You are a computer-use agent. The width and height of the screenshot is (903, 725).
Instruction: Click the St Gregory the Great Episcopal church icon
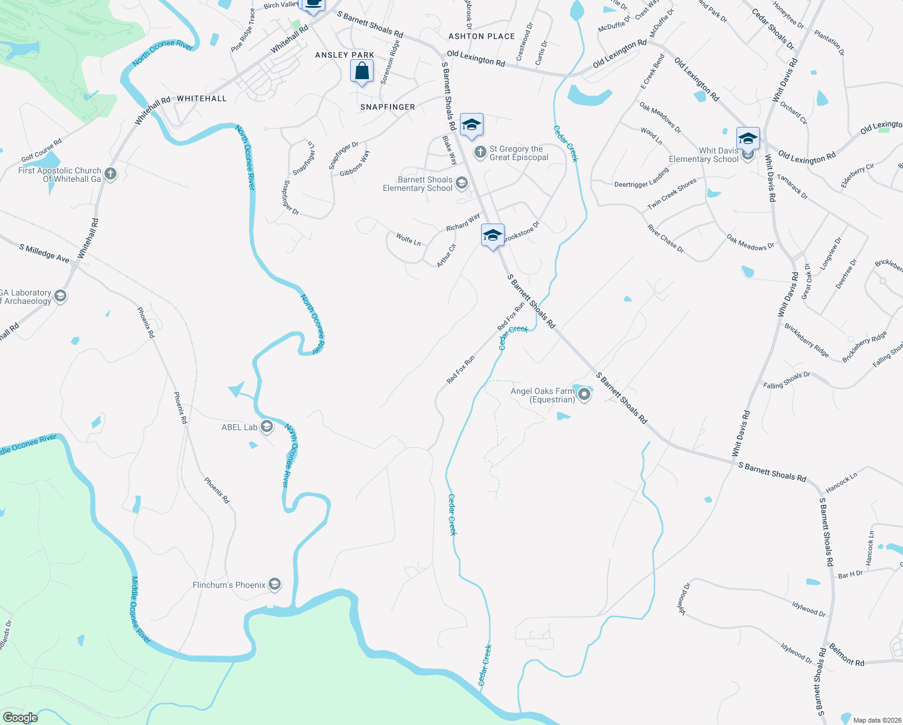point(480,152)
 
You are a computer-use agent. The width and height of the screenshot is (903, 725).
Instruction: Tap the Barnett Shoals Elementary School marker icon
point(462,183)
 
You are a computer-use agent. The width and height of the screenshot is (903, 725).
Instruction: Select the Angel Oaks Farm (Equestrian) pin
point(584,395)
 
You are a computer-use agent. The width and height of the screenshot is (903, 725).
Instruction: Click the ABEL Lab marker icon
point(267,427)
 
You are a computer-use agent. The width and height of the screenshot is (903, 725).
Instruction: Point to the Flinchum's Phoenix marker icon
point(275,584)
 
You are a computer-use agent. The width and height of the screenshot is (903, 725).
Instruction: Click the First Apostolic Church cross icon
point(110,174)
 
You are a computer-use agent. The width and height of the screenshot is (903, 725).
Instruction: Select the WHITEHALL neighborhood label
point(202,98)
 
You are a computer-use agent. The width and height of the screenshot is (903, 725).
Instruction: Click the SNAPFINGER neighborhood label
point(388,107)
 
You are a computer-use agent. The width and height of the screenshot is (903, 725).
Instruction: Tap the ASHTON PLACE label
point(482,36)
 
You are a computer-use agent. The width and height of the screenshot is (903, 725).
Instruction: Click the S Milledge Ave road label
point(44,253)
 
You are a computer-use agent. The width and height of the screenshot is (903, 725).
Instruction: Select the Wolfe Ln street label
point(408,239)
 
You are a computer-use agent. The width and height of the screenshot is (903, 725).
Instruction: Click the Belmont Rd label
point(846,655)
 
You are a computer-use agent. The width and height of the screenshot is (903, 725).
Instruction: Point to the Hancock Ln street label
point(841,482)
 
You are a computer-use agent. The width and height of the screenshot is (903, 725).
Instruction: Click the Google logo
point(21,718)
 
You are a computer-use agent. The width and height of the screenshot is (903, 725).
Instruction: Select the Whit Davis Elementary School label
point(703,155)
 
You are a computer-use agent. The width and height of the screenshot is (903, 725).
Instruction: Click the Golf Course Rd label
point(42,150)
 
